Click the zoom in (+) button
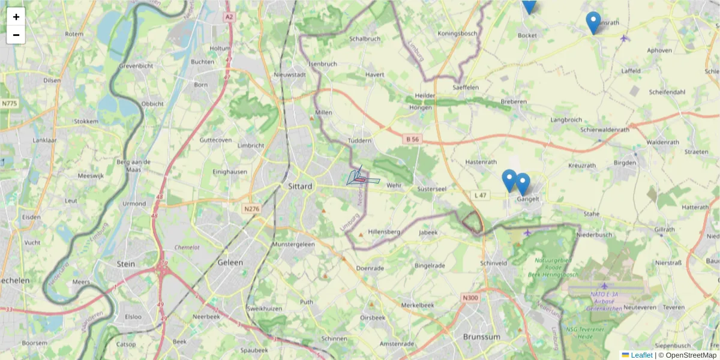[16, 17]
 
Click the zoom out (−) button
[16, 35]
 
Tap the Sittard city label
[299, 186]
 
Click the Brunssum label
[481, 337]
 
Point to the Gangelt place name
[528, 199]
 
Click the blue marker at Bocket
[529, 5]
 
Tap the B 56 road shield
[412, 139]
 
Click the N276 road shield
[251, 209]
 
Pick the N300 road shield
[470, 298]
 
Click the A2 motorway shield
[229, 17]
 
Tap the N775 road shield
[9, 103]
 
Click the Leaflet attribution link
[641, 355]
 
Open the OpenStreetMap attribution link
[687, 355]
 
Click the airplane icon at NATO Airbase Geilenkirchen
[604, 286]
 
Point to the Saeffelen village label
[465, 87]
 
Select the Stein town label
[126, 263]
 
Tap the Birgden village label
[625, 163]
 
